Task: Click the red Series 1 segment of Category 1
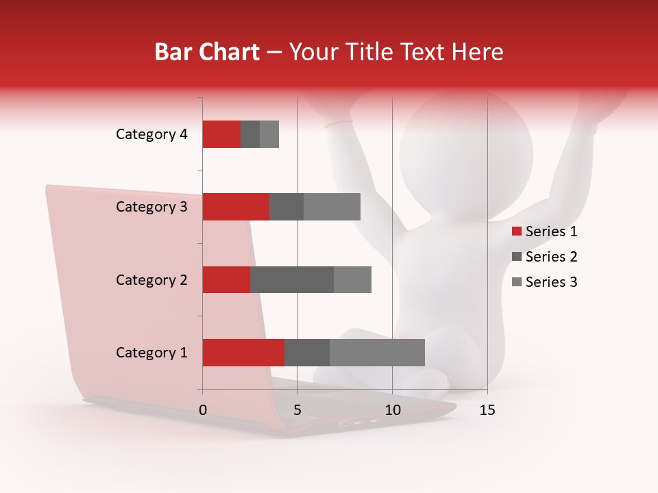click(243, 353)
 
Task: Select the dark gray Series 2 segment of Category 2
click(292, 279)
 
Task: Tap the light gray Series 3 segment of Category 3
click(332, 207)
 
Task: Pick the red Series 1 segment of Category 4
click(221, 134)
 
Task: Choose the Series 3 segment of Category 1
click(377, 353)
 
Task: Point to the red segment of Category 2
click(226, 279)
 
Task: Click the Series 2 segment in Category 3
click(287, 207)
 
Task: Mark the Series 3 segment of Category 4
click(269, 134)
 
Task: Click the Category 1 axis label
click(151, 353)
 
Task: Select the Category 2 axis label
click(151, 280)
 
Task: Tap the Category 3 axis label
click(151, 207)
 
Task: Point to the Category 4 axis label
click(151, 134)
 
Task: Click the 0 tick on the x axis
click(203, 410)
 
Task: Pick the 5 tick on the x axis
click(297, 410)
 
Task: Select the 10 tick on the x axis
click(392, 410)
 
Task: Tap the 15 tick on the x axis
click(487, 410)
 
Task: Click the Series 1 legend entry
click(545, 231)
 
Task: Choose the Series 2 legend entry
click(545, 257)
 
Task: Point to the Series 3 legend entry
click(545, 282)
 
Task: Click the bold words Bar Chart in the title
click(206, 52)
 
